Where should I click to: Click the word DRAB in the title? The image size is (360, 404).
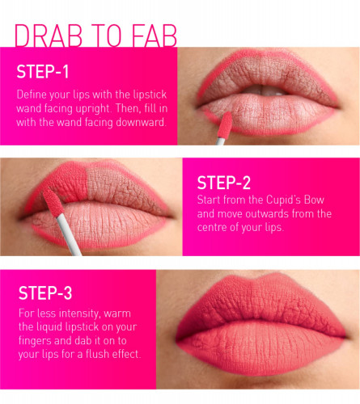[49, 36]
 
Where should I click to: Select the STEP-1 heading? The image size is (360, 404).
[43, 72]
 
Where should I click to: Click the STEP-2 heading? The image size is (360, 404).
[224, 183]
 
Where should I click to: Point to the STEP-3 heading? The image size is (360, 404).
[45, 292]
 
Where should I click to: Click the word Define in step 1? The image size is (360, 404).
[29, 95]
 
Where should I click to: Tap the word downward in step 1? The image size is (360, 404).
[140, 122]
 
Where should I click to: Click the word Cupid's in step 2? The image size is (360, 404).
[283, 200]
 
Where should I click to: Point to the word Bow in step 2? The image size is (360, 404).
[314, 200]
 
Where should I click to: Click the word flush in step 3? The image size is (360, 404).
[97, 354]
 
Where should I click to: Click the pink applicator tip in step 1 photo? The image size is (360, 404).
[224, 124]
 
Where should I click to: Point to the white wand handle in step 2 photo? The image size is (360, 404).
[69, 235]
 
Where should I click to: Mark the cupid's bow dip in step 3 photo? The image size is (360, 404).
[258, 280]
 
